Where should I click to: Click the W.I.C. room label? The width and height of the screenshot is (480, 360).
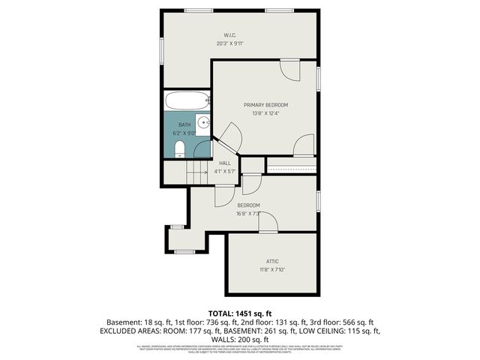[230, 35]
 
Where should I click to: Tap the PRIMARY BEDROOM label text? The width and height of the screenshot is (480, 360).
[265, 105]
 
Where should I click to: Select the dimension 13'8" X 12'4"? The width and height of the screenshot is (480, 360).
[265, 113]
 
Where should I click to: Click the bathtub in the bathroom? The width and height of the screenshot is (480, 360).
[187, 100]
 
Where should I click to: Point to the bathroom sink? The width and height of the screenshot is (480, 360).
[202, 125]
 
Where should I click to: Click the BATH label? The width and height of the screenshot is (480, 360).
[184, 125]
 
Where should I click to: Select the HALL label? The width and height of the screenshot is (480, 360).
[225, 163]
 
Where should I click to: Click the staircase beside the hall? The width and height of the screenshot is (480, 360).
[197, 172]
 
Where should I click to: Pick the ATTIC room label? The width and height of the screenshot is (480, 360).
[272, 262]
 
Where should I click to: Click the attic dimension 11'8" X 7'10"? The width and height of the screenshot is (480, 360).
[272, 270]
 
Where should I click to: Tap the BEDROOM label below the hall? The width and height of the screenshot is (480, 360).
[248, 205]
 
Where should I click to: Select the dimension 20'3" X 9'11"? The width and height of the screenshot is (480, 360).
[230, 43]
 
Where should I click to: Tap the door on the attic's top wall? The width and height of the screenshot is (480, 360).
[268, 223]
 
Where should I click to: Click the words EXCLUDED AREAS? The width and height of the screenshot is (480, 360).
[129, 331]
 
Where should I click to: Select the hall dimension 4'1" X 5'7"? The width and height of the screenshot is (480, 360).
[225, 171]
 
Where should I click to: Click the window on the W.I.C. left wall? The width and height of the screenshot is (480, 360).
[162, 49]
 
